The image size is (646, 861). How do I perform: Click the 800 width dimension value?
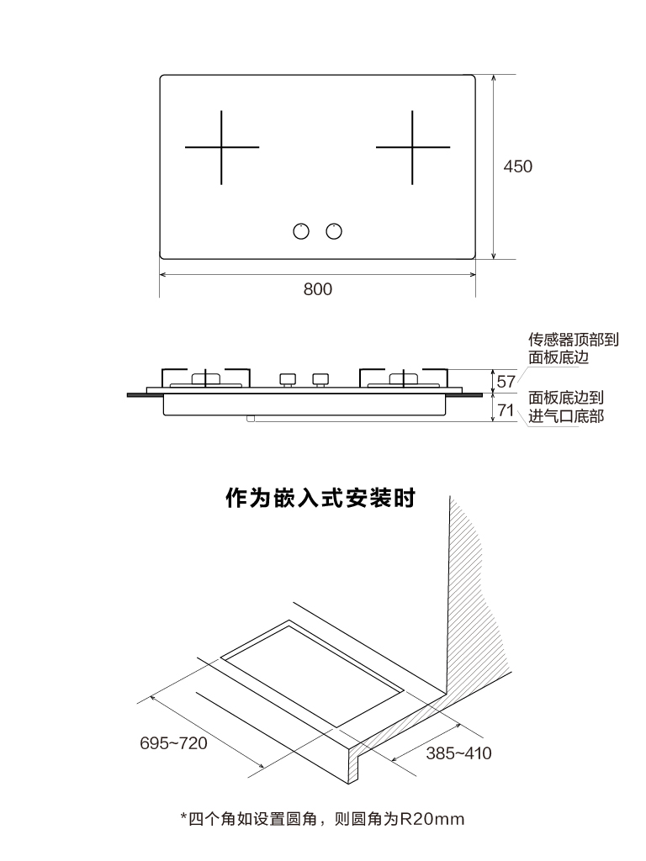tap(317, 289)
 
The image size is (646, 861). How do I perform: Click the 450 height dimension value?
tap(517, 166)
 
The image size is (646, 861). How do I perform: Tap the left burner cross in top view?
tap(221, 147)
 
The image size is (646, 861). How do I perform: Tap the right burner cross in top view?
tap(412, 147)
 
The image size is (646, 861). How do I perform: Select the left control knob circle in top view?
tap(301, 231)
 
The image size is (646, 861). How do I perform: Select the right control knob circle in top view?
tap(334, 231)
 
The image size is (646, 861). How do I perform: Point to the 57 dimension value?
tap(506, 381)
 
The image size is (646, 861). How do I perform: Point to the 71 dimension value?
tap(506, 409)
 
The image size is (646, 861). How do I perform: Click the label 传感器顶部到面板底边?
tap(574, 348)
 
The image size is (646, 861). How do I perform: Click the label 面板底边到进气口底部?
tap(566, 407)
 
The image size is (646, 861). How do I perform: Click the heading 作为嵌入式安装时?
tap(320, 498)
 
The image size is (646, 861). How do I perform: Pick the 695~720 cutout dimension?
tap(173, 743)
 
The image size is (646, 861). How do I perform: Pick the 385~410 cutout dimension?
tap(458, 753)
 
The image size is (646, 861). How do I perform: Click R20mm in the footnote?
tap(432, 819)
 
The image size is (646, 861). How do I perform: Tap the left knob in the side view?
tap(288, 379)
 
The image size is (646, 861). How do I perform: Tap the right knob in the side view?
tap(320, 379)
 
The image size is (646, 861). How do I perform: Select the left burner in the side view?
tap(206, 379)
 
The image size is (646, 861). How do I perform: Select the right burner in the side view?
tap(404, 379)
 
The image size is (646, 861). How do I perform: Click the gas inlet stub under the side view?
tap(251, 419)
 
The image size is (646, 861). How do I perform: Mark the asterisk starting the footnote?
tap(183, 817)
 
